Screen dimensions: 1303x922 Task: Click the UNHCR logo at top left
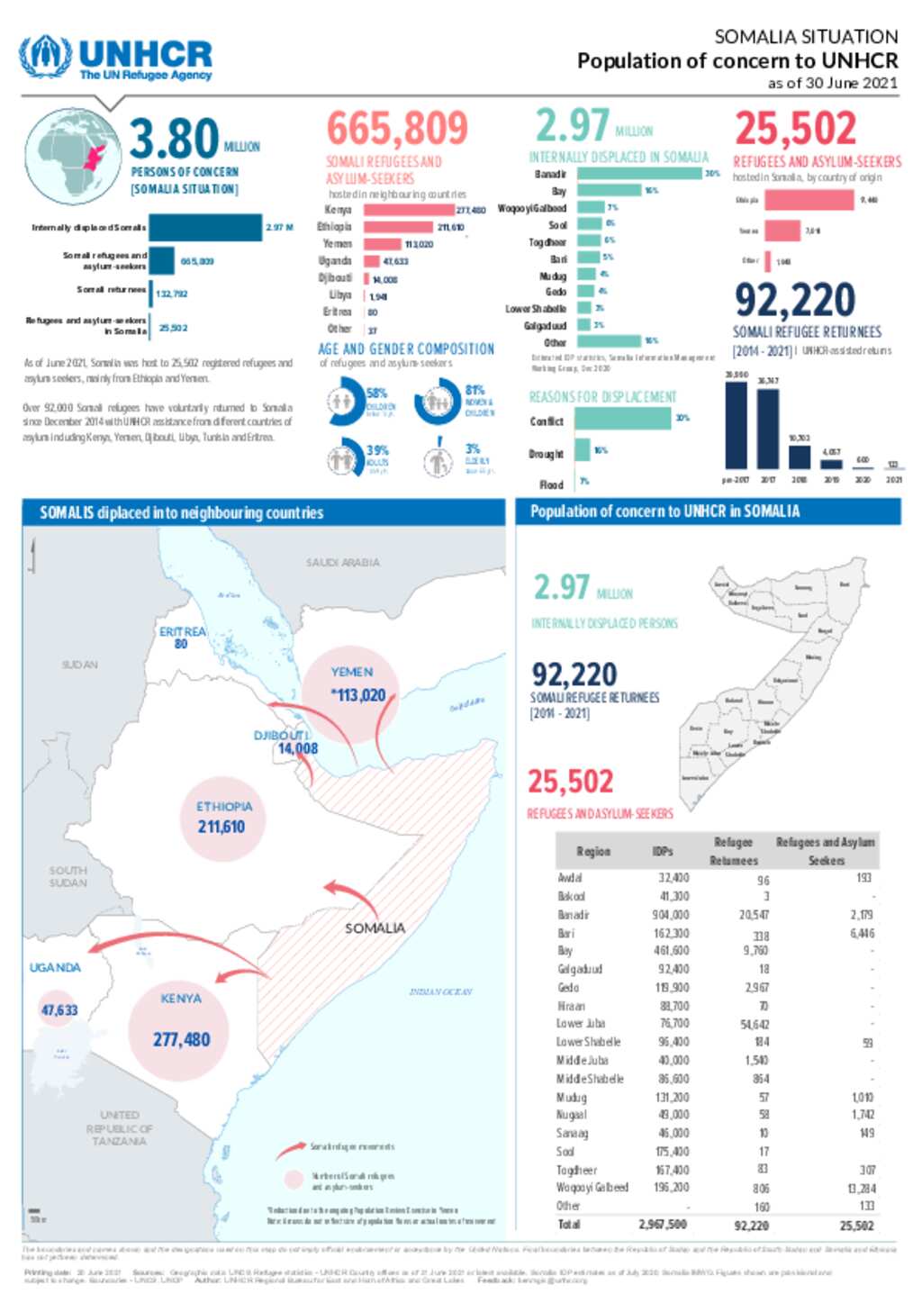tap(115, 59)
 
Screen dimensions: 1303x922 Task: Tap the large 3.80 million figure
tap(175, 139)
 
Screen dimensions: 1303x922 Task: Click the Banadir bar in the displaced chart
tap(638, 174)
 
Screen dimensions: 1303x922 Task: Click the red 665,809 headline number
tap(397, 129)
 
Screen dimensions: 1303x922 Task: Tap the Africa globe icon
tap(73, 158)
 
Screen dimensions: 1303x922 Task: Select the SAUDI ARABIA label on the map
tap(343, 563)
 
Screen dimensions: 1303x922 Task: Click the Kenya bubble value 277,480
tap(181, 1040)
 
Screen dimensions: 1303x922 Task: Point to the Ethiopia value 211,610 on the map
tap(221, 827)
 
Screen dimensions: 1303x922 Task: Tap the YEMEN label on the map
tap(351, 672)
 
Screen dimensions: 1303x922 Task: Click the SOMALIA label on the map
tap(375, 928)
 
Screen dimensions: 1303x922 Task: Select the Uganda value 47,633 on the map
tap(59, 1010)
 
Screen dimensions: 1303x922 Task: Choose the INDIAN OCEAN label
tap(440, 991)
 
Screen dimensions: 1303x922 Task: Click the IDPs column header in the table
tap(663, 851)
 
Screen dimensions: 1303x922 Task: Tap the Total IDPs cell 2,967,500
tap(663, 1225)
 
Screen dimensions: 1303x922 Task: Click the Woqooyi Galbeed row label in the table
tap(592, 1188)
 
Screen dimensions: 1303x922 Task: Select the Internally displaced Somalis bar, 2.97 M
tap(205, 228)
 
